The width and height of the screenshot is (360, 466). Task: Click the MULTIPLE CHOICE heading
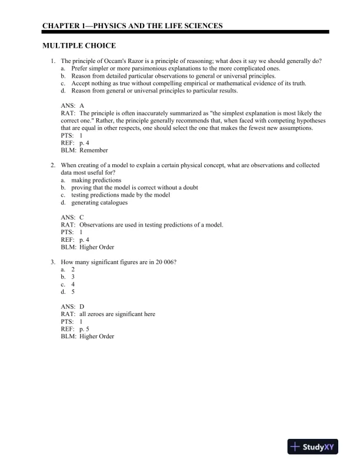click(x=79, y=45)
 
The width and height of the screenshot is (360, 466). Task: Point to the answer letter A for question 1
click(x=82, y=105)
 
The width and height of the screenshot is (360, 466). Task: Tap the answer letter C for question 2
click(x=82, y=218)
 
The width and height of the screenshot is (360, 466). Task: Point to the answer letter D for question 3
click(x=82, y=307)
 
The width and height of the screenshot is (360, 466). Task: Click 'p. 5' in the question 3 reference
click(x=85, y=329)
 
